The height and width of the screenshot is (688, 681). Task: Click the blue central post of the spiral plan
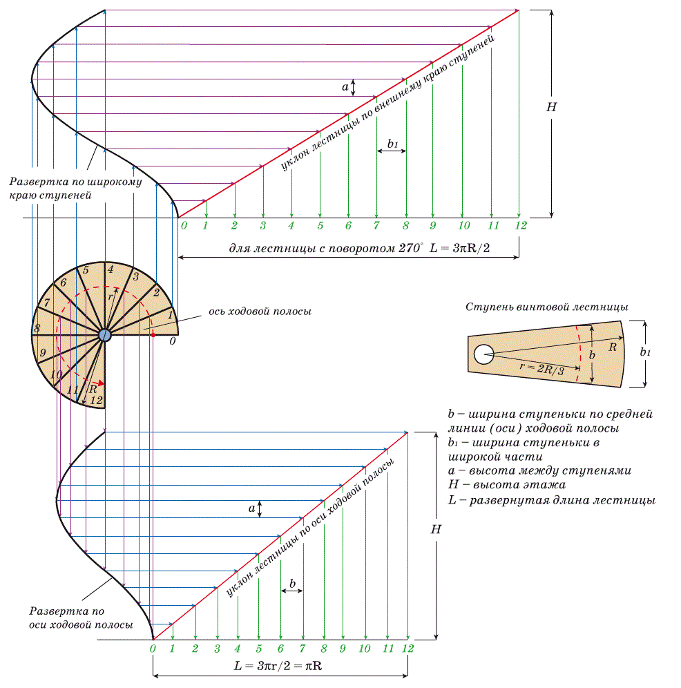(x=104, y=335)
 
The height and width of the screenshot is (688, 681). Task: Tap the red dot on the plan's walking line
(x=153, y=335)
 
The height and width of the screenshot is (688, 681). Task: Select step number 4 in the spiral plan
(x=111, y=269)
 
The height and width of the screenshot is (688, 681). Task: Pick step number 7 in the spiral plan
(x=47, y=302)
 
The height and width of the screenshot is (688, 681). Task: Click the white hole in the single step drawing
(x=483, y=354)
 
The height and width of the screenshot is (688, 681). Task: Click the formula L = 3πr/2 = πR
(x=278, y=666)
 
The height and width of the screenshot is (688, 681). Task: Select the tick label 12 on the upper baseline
(x=521, y=225)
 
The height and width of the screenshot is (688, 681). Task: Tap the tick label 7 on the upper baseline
(x=376, y=225)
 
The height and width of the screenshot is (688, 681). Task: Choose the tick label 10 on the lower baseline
(x=365, y=649)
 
